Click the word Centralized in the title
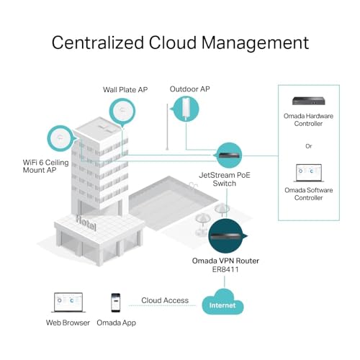(97, 42)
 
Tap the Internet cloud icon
(222, 302)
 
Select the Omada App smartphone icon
(116, 302)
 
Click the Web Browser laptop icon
(68, 302)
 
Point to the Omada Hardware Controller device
(309, 101)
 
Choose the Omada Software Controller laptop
(309, 173)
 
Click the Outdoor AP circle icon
(186, 109)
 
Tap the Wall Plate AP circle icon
(122, 112)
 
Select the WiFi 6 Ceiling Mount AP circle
(60, 138)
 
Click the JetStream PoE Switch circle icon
(229, 156)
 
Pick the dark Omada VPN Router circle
(226, 236)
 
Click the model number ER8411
(225, 269)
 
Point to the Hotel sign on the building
(86, 223)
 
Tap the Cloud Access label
(165, 300)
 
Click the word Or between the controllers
(309, 146)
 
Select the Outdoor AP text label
(189, 89)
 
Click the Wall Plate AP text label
(125, 90)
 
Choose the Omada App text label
(116, 323)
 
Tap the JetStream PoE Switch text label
(225, 179)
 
